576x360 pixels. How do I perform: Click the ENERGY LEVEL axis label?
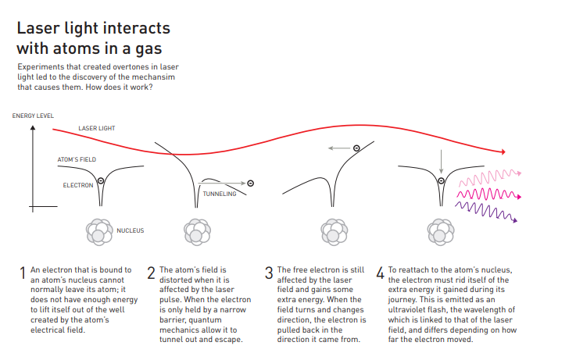tap(33, 116)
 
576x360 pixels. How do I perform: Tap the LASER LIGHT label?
tap(97, 128)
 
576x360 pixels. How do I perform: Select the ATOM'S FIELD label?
tap(77, 159)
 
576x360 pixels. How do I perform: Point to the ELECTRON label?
tap(78, 185)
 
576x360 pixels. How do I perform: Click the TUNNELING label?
tap(220, 194)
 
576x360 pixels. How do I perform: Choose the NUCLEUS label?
tap(131, 230)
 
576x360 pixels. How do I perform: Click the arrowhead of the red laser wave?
tap(503, 151)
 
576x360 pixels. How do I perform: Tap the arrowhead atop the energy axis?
tap(33, 128)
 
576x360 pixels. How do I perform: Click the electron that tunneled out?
tap(251, 183)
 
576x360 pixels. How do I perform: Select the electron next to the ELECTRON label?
tap(101, 181)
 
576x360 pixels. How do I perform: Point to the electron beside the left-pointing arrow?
tap(356, 148)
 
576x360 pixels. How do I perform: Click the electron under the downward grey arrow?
tap(442, 180)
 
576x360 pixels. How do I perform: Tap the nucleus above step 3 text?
tap(334, 232)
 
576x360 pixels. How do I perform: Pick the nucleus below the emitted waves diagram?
tap(441, 232)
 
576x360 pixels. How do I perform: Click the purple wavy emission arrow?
tap(486, 212)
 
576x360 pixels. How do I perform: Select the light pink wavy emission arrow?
tap(490, 177)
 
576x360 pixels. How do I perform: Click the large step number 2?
tap(151, 273)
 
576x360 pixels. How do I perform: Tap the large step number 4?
tap(380, 273)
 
